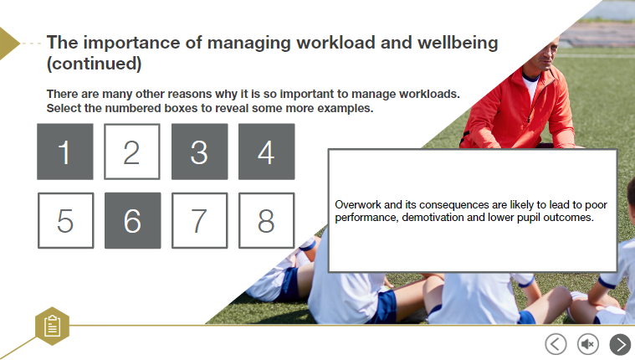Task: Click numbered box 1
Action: [65, 152]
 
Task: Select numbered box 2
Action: [131, 152]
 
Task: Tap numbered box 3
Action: [199, 152]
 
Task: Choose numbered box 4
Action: [266, 152]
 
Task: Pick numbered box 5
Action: [65, 220]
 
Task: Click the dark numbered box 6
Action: [131, 220]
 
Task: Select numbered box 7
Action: [199, 220]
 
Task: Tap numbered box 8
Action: [266, 220]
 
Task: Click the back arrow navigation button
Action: [556, 343]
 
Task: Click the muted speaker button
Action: [588, 343]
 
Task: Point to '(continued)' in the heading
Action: [94, 63]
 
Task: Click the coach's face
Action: [539, 58]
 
